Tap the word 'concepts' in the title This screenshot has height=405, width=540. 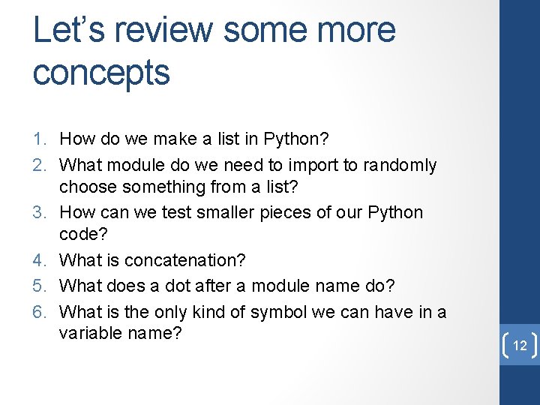(101, 73)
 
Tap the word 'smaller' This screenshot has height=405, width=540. (223, 212)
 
